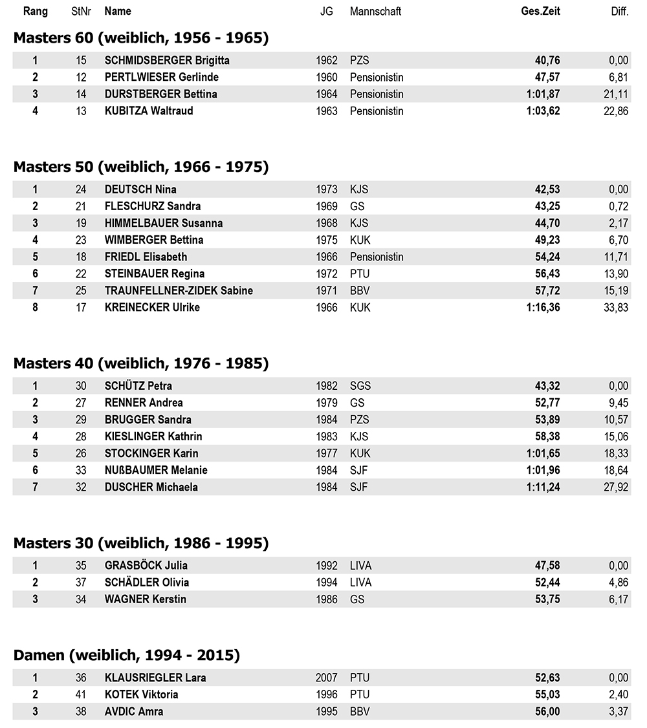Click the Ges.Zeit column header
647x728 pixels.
click(x=540, y=11)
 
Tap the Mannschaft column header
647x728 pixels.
click(x=375, y=11)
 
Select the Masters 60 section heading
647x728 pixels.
click(x=141, y=38)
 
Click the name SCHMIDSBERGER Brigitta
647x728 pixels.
click(x=167, y=60)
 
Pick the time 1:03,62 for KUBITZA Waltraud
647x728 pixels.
click(x=543, y=111)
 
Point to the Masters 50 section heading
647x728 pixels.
click(x=141, y=167)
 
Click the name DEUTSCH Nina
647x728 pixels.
click(x=140, y=189)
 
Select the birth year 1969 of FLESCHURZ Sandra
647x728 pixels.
click(x=327, y=206)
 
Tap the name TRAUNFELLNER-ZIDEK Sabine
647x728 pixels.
click(x=179, y=290)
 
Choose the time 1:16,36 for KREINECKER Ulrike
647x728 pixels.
click(x=543, y=307)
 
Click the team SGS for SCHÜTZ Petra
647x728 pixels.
click(x=360, y=386)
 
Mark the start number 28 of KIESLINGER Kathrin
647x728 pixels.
click(x=81, y=436)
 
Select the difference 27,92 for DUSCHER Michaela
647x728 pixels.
click(x=616, y=487)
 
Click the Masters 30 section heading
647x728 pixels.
click(x=141, y=543)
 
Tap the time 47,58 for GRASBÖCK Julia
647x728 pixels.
click(x=547, y=566)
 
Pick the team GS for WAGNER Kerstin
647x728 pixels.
click(x=357, y=599)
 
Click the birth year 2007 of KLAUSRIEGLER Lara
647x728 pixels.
click(x=327, y=678)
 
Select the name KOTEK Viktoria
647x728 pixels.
click(x=141, y=694)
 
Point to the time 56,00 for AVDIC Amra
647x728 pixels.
click(x=547, y=711)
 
